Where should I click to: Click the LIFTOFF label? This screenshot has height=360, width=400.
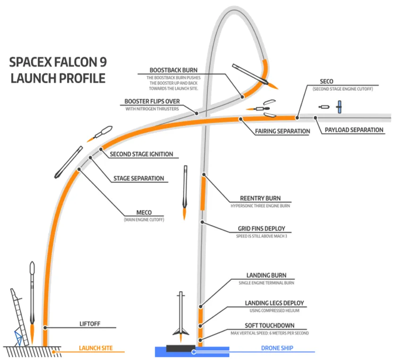pos(91,324)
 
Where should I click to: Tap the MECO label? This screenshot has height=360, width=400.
pos(144,212)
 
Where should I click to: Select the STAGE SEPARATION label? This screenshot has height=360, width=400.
pos(138,179)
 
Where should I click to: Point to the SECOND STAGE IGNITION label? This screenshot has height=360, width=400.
pos(141,154)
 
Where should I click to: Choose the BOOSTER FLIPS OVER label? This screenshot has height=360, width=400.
pos(152,102)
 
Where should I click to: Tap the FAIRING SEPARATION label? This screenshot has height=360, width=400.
pos(282,131)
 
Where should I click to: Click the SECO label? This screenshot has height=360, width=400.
pos(326,82)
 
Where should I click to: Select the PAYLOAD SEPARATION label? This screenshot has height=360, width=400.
pos(354,130)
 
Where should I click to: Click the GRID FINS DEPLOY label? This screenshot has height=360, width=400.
pos(261,229)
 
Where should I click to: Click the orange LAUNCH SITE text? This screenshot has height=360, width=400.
pos(95,348)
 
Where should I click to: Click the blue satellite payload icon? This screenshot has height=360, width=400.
pos(339,107)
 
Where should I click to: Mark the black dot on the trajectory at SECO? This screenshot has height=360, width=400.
pos(298,118)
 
